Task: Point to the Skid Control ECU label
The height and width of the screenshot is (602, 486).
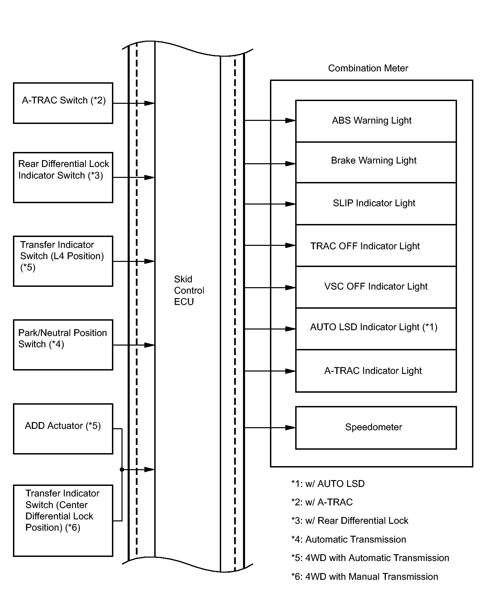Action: coord(189,290)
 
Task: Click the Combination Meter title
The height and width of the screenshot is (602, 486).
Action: coord(368,68)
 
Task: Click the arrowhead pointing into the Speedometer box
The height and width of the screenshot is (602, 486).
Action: coord(290,428)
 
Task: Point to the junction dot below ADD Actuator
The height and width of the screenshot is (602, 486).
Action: coord(122,470)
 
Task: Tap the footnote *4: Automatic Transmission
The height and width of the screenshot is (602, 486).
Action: coord(348,540)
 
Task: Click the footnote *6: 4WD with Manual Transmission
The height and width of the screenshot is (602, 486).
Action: coord(364,577)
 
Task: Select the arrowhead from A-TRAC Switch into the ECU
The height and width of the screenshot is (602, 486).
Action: coord(149,103)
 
